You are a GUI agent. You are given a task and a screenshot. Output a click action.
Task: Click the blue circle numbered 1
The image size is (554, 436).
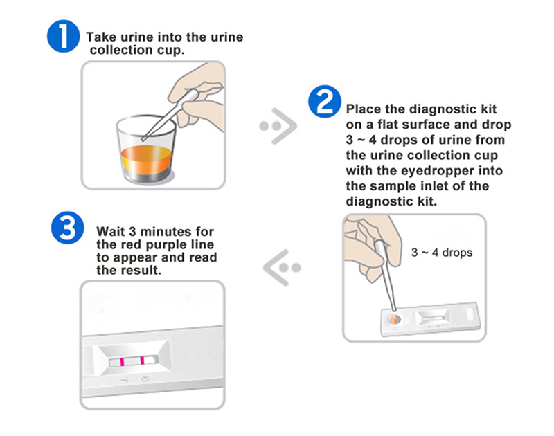[x=63, y=36]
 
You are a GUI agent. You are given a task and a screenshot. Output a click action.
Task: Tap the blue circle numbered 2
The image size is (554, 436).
[x=325, y=101]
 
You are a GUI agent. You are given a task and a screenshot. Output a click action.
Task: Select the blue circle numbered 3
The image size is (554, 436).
[x=67, y=228]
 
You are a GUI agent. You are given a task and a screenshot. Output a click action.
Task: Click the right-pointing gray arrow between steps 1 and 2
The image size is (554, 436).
[x=279, y=126]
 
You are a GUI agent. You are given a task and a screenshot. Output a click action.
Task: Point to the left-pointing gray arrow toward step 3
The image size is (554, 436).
[x=282, y=268]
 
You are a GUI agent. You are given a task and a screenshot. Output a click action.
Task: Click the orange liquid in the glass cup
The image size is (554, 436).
[x=146, y=159]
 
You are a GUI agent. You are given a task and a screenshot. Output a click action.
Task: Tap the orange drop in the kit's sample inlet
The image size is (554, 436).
[x=393, y=318]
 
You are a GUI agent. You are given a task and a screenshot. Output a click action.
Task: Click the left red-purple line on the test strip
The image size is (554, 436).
[x=122, y=362]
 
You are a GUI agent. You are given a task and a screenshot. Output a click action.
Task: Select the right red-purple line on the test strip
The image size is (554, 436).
[x=142, y=361]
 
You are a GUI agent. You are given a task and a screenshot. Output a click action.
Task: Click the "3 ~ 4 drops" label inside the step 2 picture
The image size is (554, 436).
[x=442, y=253]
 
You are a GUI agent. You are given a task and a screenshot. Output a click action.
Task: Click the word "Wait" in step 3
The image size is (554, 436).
[x=111, y=232]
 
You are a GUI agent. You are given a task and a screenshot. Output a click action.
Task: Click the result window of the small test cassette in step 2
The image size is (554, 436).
[x=432, y=318]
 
